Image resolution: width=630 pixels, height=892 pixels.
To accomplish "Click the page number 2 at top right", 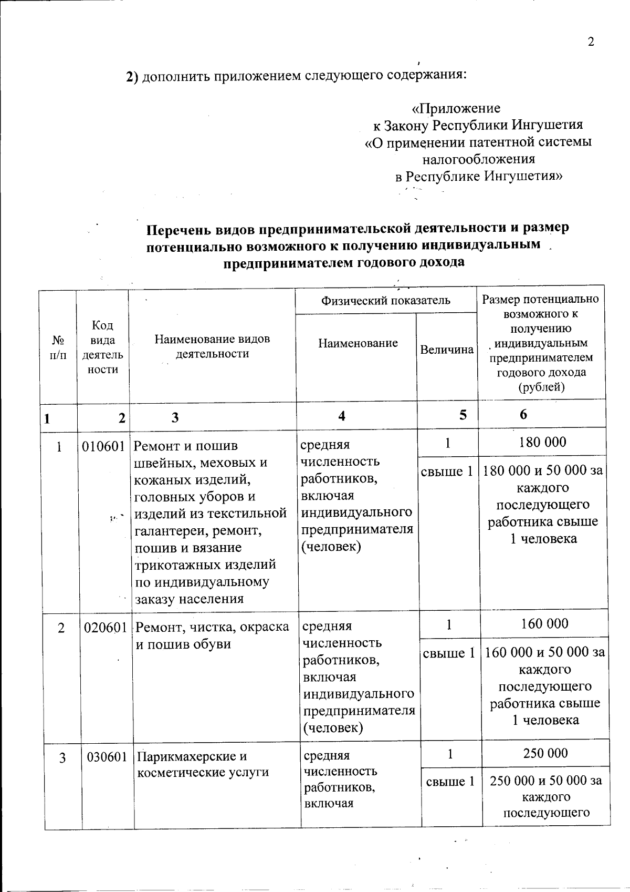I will pyautogui.click(x=591, y=43).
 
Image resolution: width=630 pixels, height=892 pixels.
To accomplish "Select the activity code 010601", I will pyautogui.click(x=103, y=446).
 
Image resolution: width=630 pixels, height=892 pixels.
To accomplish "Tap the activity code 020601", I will pyautogui.click(x=105, y=627).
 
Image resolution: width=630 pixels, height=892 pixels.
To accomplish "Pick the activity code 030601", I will pyautogui.click(x=107, y=757).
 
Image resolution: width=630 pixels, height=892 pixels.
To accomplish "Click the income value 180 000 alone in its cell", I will pyautogui.click(x=542, y=442).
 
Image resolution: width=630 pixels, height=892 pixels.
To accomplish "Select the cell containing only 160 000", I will pyautogui.click(x=544, y=623).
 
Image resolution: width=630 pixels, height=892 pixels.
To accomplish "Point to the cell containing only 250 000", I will pyautogui.click(x=545, y=753).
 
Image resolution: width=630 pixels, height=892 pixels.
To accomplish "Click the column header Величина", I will pyautogui.click(x=447, y=350).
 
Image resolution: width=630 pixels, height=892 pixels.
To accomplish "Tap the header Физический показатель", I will pyautogui.click(x=386, y=300).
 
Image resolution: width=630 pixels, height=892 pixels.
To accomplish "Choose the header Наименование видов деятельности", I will pyautogui.click(x=212, y=346).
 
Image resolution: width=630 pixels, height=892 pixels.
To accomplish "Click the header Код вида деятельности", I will pyautogui.click(x=102, y=347).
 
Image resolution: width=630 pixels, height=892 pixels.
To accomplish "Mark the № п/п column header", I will pyautogui.click(x=58, y=347).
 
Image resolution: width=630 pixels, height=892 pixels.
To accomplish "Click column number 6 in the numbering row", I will pyautogui.click(x=523, y=414).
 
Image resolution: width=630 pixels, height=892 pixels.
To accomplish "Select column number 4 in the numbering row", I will pyautogui.click(x=342, y=416).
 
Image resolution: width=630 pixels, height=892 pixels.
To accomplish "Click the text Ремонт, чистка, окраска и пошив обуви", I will pyautogui.click(x=212, y=635).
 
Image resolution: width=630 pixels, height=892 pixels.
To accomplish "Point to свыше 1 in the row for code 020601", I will pyautogui.click(x=449, y=653).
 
